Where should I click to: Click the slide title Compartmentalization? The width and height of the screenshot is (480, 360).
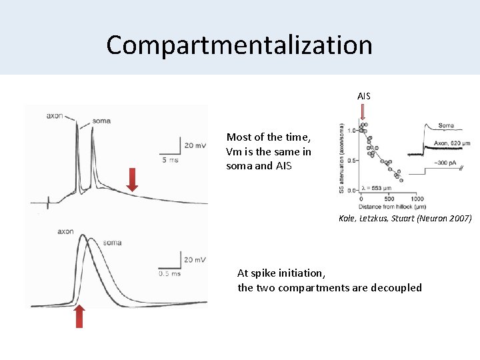239,45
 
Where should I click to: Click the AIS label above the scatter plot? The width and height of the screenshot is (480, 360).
363,97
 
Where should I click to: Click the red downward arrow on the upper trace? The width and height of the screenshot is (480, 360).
132,179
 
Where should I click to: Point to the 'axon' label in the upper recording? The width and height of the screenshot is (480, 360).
55,115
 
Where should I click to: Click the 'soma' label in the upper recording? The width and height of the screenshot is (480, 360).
101,121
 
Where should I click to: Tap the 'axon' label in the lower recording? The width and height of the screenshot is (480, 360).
65,232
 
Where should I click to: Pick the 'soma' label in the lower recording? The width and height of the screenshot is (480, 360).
112,243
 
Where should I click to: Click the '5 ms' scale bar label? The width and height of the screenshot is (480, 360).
169,160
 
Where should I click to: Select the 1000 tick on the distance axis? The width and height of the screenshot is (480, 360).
417,199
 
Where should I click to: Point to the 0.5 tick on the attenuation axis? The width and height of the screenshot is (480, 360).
352,160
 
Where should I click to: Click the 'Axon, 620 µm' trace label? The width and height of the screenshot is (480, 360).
451,143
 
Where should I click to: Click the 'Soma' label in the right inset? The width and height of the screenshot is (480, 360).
446,125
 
